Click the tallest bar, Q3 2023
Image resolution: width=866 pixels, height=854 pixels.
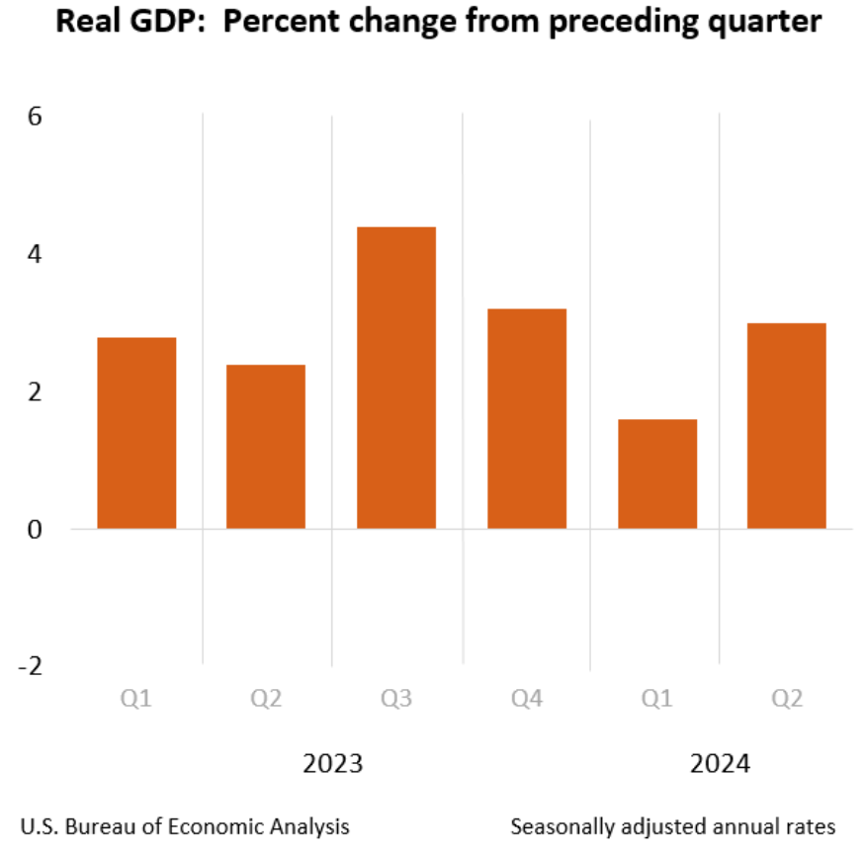click(396, 378)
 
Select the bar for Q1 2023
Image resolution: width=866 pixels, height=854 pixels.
click(136, 433)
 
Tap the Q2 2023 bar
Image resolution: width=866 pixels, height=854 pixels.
click(266, 447)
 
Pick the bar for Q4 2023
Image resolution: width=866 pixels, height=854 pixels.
click(527, 418)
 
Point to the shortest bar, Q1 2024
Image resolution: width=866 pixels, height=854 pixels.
click(657, 473)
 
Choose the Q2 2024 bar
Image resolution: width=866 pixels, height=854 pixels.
click(787, 425)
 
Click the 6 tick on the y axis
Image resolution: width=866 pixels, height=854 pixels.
click(35, 118)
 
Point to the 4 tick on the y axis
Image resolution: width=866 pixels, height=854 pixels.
click(35, 255)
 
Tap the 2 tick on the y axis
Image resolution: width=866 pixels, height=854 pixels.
click(35, 392)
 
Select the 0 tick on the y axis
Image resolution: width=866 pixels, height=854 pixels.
click(35, 530)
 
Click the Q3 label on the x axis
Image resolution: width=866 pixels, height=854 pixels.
click(396, 700)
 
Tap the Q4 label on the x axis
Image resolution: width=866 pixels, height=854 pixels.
click(527, 700)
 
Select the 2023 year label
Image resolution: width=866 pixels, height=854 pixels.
click(332, 764)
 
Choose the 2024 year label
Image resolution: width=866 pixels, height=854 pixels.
click(721, 764)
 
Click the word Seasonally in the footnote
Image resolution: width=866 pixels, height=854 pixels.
click(560, 826)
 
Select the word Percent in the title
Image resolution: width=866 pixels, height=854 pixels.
click(275, 22)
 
